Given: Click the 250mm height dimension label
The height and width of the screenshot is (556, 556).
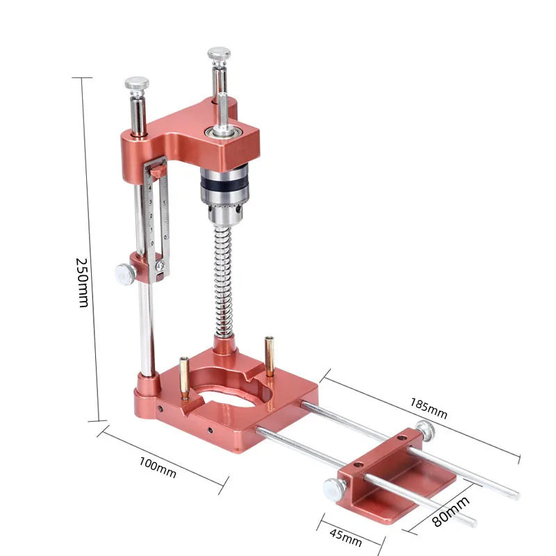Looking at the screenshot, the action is pos(83,282).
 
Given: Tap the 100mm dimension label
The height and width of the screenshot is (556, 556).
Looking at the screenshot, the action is pos(158,467).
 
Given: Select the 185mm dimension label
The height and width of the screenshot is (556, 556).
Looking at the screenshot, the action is pos(428,408).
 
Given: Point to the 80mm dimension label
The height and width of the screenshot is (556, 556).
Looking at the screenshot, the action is pos(451,512).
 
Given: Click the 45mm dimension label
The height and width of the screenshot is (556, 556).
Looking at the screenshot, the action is pos(345,538).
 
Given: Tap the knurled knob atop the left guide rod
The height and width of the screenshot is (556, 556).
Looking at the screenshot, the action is pos(136,85).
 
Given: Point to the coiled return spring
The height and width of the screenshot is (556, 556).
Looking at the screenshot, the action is pos(223,281).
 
